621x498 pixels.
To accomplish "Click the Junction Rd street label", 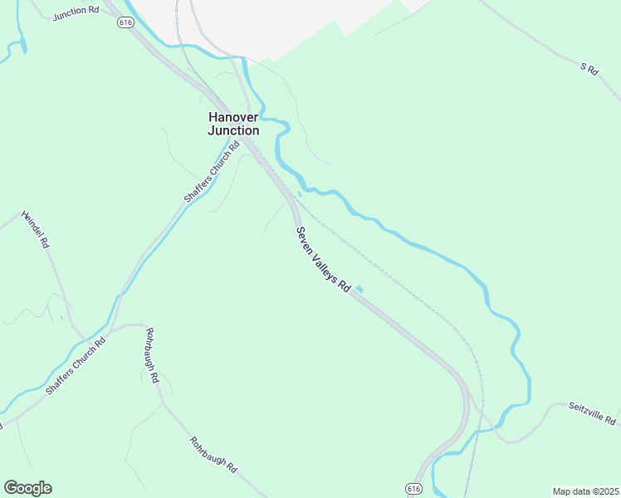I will (x=75, y=16).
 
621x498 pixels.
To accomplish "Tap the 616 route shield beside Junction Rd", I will (x=125, y=22).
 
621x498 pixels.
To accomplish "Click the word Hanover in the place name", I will (x=233, y=117).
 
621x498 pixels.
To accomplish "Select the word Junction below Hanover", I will (x=233, y=130).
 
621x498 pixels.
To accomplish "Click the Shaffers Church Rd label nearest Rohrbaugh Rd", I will (x=76, y=366).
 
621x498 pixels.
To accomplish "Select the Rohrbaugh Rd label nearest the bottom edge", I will (x=213, y=455).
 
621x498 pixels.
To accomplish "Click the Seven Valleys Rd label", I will (x=323, y=258).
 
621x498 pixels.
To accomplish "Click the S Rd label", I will (x=589, y=70).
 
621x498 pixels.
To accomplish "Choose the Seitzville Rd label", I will (x=592, y=413).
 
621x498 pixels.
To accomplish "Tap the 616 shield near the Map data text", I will (x=413, y=489).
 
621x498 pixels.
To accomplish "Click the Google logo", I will (x=27, y=488).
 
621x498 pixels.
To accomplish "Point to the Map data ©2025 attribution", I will (x=584, y=491).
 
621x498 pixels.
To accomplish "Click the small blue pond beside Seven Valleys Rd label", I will (x=359, y=289).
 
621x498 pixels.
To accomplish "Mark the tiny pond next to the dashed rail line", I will (x=299, y=193).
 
